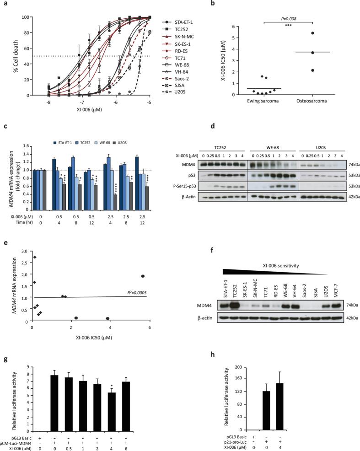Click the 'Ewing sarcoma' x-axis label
pyautogui.click(x=264, y=102)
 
